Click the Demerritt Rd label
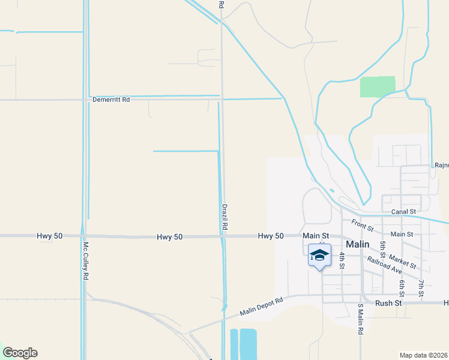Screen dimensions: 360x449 tap(111, 100)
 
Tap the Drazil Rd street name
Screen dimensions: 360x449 tap(224, 217)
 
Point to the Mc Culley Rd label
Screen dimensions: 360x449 tap(86, 261)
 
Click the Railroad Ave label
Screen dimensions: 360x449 tap(384, 265)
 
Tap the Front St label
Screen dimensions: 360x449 tap(363, 226)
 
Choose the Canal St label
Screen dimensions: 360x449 tap(403, 212)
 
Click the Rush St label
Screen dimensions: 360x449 tap(388, 304)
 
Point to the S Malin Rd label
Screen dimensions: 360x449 tap(361, 323)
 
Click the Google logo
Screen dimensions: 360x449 tap(20, 353)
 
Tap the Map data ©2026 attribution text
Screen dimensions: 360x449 tap(423, 355)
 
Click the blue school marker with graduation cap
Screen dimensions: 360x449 tap(319, 256)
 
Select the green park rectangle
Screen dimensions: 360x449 tap(378, 86)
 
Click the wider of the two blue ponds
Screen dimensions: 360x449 tap(248, 344)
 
